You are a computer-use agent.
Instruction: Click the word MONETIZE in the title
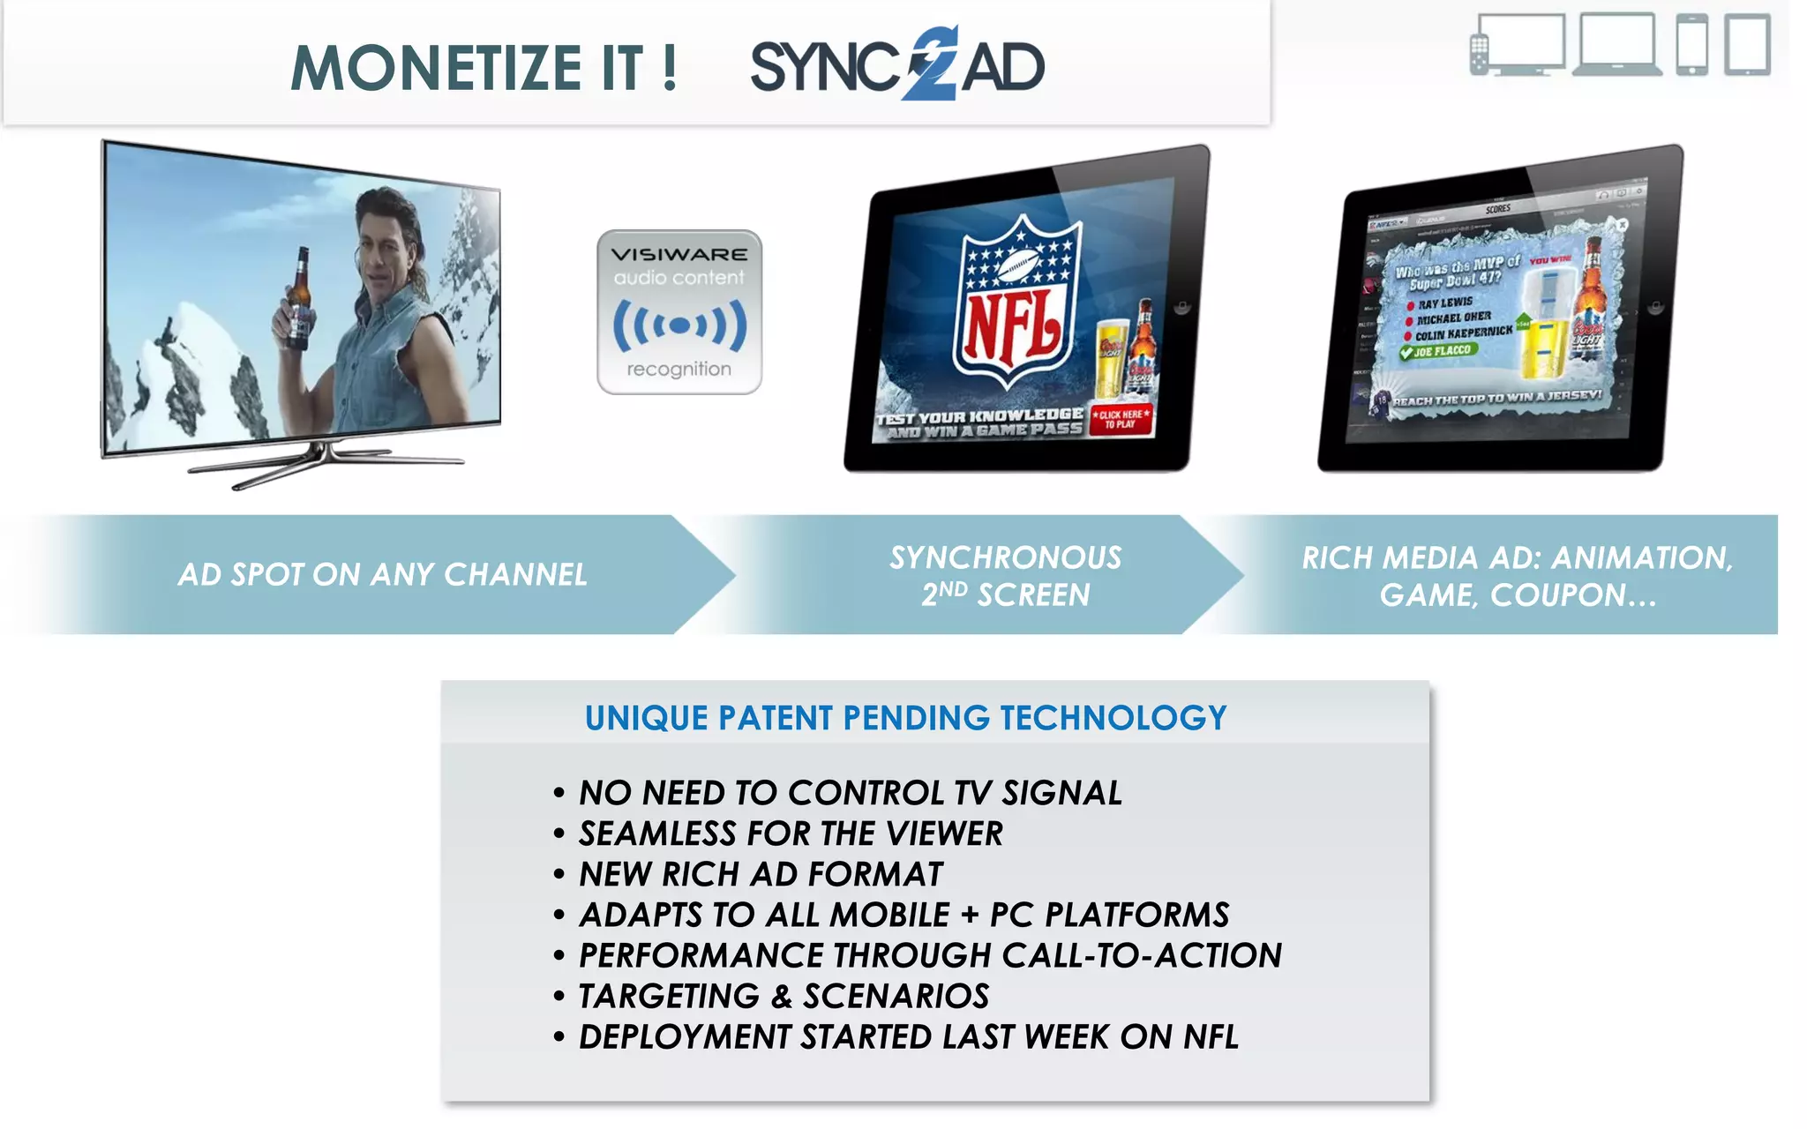tap(436, 68)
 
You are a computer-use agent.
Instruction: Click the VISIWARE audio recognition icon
tap(679, 312)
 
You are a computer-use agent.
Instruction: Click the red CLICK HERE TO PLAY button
tap(1121, 419)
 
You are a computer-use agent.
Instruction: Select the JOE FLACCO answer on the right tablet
tap(1440, 351)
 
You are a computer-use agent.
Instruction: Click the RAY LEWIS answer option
tap(1444, 303)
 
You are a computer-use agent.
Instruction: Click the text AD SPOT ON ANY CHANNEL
tap(382, 575)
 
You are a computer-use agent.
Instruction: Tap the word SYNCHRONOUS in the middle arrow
tap(1005, 557)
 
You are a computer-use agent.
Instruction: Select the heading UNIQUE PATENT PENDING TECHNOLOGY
tap(905, 718)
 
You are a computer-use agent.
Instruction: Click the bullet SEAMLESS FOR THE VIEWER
tap(791, 834)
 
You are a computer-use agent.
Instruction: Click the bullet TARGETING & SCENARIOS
tap(784, 997)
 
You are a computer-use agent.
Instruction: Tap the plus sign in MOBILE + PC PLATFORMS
tap(970, 916)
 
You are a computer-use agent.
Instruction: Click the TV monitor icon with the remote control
tap(1518, 44)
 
